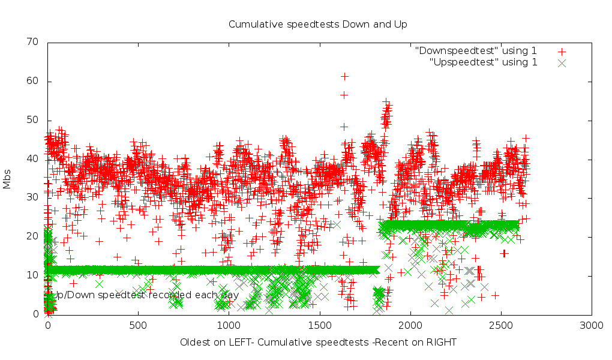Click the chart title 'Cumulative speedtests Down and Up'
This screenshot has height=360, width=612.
(317, 25)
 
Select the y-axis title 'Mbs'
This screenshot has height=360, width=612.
(7, 178)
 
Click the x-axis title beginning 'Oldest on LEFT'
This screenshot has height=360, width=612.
(318, 343)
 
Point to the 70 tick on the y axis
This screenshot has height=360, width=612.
(32, 42)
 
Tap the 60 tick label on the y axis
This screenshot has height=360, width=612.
(32, 81)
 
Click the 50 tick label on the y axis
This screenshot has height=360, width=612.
(32, 120)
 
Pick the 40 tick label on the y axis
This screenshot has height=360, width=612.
(32, 159)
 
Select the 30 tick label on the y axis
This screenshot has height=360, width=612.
(32, 197)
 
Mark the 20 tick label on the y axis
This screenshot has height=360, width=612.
(32, 236)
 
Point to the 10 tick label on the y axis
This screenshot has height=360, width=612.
(32, 275)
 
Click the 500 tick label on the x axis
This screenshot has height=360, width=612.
(138, 325)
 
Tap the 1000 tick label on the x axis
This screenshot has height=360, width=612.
(229, 325)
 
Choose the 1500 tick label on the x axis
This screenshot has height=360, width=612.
(319, 325)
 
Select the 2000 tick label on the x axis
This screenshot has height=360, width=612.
(410, 325)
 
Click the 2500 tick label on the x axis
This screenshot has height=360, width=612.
(501, 325)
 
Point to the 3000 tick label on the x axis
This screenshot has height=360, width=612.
(592, 325)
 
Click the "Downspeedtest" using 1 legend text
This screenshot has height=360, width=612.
(476, 51)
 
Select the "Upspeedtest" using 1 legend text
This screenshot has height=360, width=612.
(484, 62)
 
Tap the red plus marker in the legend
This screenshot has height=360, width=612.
(562, 52)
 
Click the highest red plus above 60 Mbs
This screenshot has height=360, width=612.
(344, 76)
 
